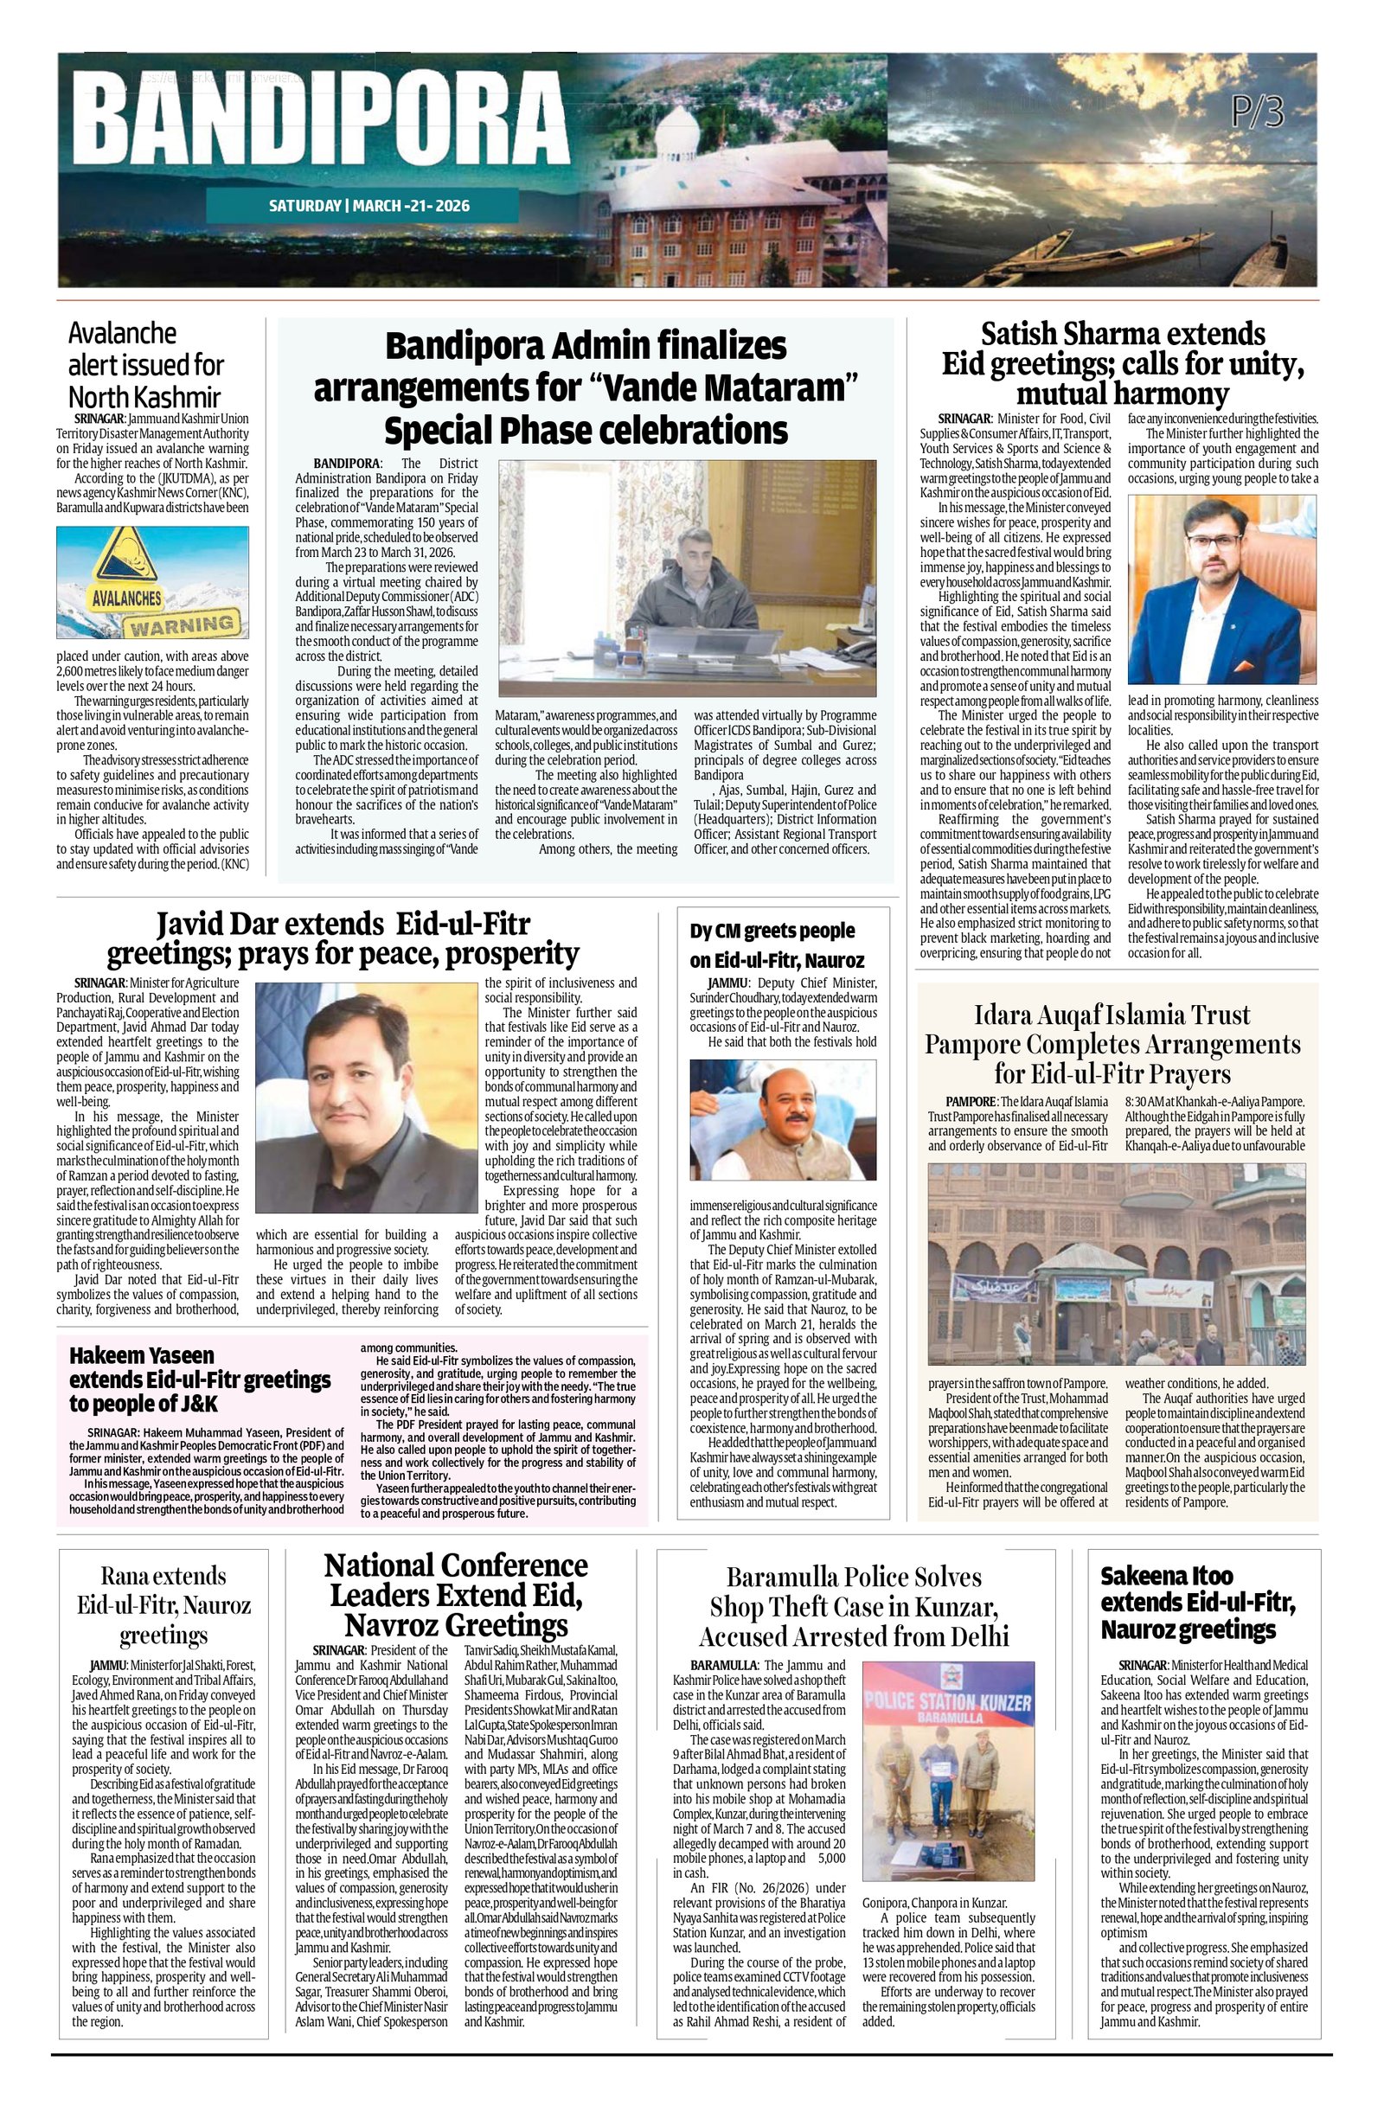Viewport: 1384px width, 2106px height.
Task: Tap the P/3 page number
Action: coord(1258,114)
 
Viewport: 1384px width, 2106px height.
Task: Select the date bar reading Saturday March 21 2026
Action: coord(369,206)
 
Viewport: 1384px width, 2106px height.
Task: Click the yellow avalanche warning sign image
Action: coord(152,582)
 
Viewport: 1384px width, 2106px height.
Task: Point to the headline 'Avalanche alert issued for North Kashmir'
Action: coord(146,365)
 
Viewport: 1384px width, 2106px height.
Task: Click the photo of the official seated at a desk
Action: coord(687,578)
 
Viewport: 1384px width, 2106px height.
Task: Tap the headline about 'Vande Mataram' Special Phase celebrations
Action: coord(585,387)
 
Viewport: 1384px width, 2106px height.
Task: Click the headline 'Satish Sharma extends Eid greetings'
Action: coord(1122,362)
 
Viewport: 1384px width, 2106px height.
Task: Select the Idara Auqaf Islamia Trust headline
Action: coord(1112,1044)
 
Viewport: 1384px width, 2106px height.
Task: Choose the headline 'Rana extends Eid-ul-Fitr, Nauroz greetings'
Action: coord(163,1604)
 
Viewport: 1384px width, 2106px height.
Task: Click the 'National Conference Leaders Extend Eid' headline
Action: coord(456,1595)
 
